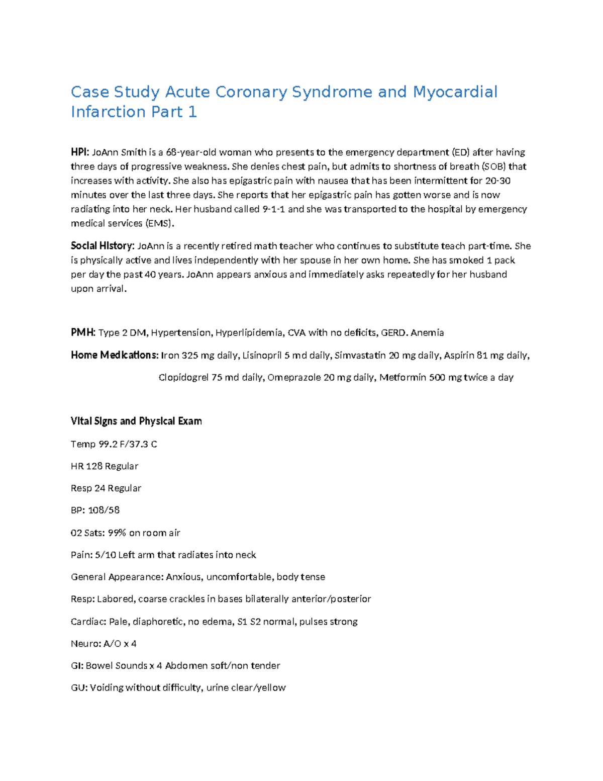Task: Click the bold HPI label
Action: click(x=79, y=152)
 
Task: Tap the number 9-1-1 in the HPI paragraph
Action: click(x=274, y=209)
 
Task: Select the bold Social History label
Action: click(x=103, y=246)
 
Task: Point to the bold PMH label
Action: click(x=83, y=333)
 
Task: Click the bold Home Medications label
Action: click(x=114, y=356)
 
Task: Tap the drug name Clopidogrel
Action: click(x=183, y=378)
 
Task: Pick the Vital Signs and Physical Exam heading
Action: click(x=136, y=421)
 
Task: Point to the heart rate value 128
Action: click(x=94, y=466)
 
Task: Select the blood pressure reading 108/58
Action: click(x=104, y=510)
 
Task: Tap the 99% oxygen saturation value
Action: click(x=117, y=533)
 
